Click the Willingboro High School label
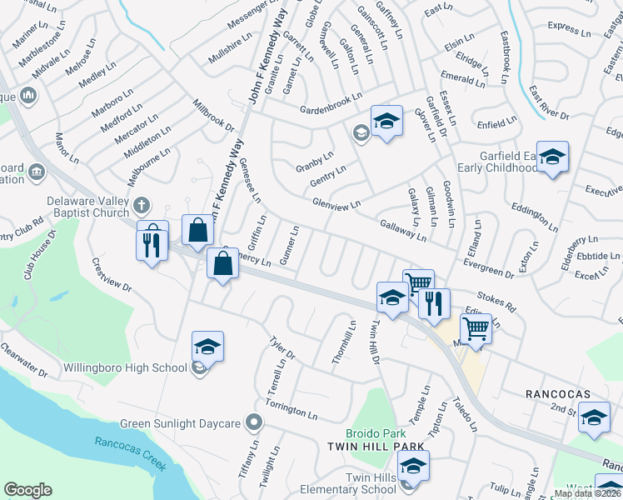125,367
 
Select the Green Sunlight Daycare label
180,423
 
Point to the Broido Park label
376,434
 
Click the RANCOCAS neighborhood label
557,393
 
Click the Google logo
28,490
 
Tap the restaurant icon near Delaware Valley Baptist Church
152,243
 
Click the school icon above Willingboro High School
207,346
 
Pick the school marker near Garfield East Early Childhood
551,157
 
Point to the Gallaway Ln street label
402,231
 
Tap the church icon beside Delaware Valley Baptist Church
142,204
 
